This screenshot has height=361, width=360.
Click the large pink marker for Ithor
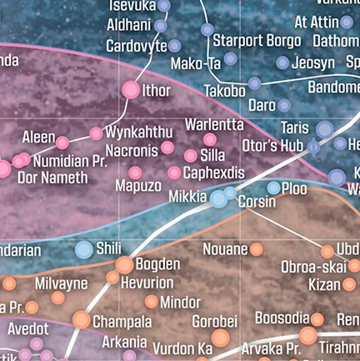click(131, 90)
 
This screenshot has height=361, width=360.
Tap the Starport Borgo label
click(256, 40)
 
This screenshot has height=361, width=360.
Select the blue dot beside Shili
click(84, 248)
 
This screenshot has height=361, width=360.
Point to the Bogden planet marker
click(124, 265)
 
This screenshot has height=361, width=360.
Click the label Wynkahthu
click(139, 133)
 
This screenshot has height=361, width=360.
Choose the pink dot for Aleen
click(62, 142)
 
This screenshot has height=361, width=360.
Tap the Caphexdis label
click(213, 173)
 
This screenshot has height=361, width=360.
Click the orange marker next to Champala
click(82, 320)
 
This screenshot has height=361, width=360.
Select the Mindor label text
click(180, 302)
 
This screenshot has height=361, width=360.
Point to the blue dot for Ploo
click(274, 188)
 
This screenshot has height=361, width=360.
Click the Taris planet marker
click(324, 129)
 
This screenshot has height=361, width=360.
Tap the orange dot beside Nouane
click(257, 249)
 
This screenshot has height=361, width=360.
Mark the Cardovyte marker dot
click(175, 46)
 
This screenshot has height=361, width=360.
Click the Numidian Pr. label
click(70, 160)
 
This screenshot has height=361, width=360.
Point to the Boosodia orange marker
click(317, 319)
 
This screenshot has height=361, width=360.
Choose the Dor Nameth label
click(52, 177)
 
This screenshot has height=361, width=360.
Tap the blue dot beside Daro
click(284, 106)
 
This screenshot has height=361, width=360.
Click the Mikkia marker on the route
click(218, 198)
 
